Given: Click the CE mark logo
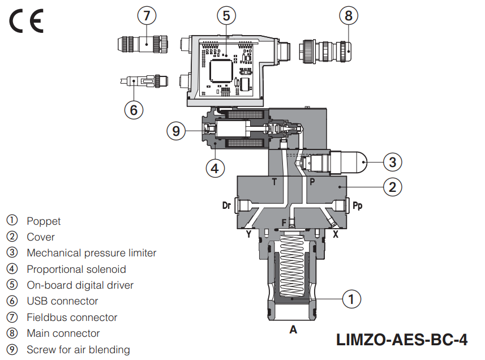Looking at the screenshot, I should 25,22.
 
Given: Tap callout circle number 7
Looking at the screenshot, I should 147,15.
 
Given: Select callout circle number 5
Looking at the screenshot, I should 226,15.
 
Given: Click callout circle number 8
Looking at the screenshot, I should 349,15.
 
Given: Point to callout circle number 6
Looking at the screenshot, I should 134,109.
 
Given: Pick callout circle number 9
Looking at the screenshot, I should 176,131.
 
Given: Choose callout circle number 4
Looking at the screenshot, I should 214,168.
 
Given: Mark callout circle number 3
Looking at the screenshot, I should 392,162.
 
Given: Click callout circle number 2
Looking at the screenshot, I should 392,186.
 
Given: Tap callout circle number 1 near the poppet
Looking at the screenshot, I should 351,298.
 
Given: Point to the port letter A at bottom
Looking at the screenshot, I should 293,329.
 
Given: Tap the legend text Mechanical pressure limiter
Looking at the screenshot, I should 91,253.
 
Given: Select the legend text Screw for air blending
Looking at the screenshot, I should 78,350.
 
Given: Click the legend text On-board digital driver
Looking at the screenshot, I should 80,285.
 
